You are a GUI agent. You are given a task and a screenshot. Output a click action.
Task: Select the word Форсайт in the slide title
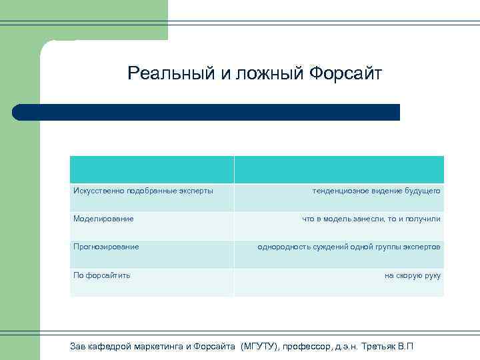[x=346, y=73]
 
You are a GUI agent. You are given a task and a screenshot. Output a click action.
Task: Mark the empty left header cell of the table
[x=152, y=169]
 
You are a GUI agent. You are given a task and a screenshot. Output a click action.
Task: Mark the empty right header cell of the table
[x=339, y=169]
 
